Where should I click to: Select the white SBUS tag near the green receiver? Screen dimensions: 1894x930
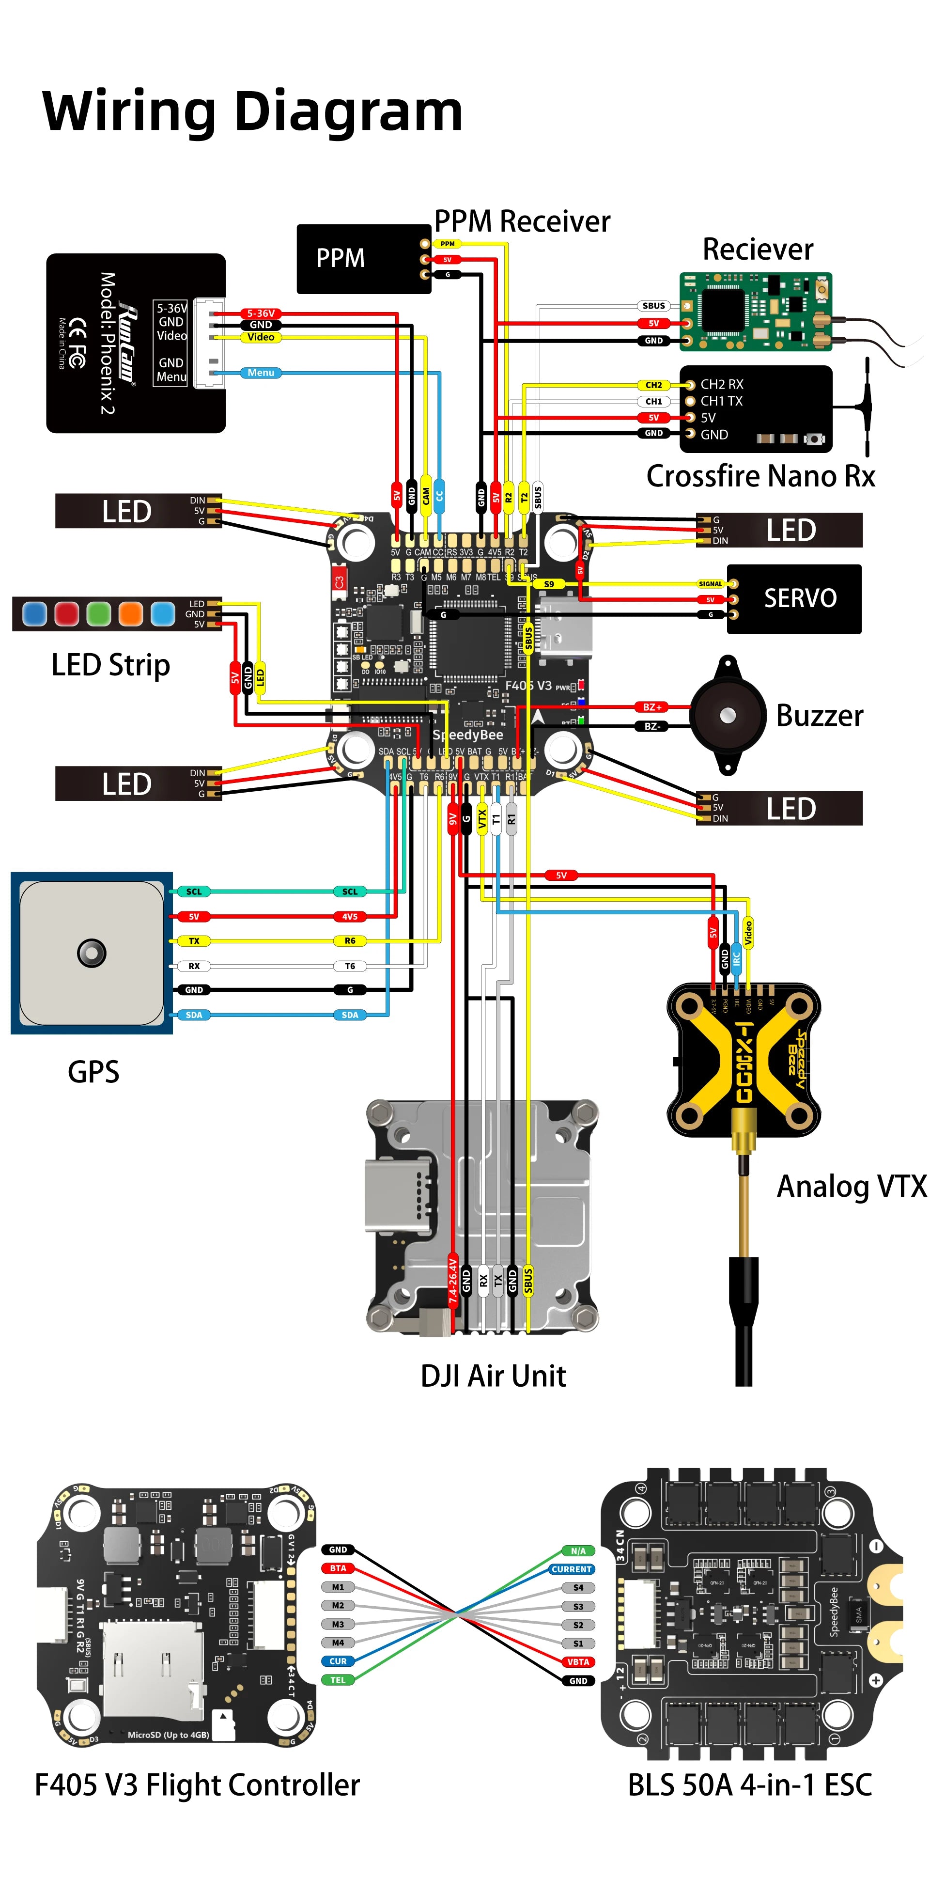[x=653, y=306]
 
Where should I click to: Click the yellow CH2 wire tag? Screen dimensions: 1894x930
[x=653, y=385]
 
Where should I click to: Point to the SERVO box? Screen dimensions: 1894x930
[x=793, y=598]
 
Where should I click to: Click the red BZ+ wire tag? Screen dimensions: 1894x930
[x=651, y=706]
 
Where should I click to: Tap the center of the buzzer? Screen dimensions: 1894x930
[x=727, y=715]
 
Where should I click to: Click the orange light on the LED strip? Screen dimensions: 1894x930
[x=130, y=613]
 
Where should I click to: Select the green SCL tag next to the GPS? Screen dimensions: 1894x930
[x=193, y=891]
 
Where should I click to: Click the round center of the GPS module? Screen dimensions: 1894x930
[x=91, y=953]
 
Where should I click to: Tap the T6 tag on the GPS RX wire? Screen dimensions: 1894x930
[x=349, y=966]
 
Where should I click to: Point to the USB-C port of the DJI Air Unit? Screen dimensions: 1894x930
[x=398, y=1195]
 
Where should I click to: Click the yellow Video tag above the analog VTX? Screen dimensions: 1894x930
[x=748, y=932]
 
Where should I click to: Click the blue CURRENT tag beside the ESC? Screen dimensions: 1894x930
[x=571, y=1569]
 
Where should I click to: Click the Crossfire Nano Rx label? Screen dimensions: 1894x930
[x=760, y=476]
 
